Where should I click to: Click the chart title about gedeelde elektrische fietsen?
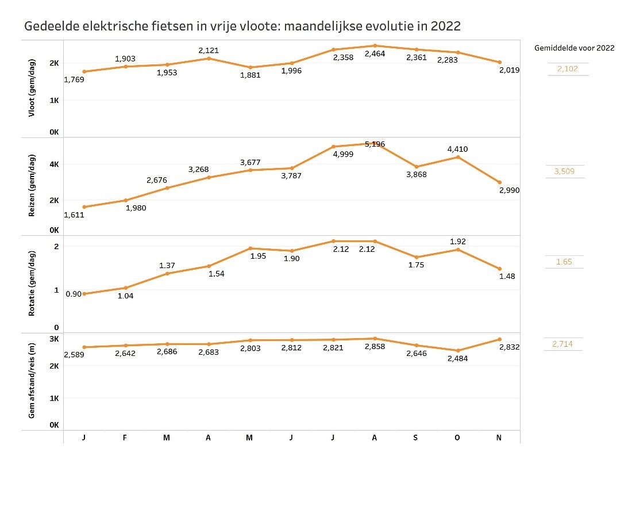point(242,26)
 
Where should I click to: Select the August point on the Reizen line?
point(375,143)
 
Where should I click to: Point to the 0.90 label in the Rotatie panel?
point(74,294)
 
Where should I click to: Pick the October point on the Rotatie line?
point(458,250)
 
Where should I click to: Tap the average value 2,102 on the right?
point(568,69)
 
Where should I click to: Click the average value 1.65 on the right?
point(564,262)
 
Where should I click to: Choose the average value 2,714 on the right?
point(562,344)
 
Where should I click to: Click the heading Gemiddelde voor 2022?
point(574,48)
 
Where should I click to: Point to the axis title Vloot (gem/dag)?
point(32,88)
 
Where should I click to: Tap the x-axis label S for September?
point(416,438)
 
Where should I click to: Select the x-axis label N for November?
point(499,438)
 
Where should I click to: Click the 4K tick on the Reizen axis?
point(54,164)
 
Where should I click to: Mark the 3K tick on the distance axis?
point(54,339)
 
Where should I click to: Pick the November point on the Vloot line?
point(499,62)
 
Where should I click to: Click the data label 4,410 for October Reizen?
point(458,149)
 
